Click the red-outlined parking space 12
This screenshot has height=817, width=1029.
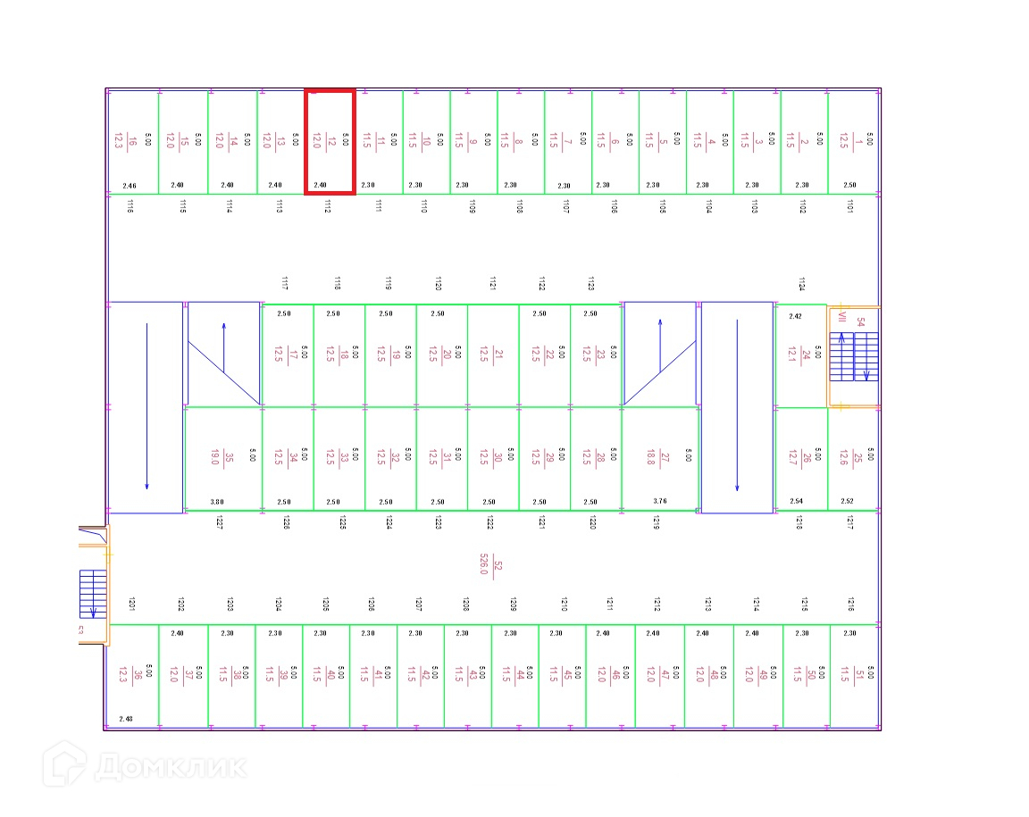(x=330, y=141)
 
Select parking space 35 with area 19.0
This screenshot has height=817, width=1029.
(x=222, y=458)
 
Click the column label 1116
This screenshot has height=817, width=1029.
(x=130, y=206)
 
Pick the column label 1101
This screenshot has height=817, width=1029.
(x=849, y=206)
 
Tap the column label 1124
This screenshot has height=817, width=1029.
(x=801, y=284)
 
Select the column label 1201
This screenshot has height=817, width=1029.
(x=131, y=604)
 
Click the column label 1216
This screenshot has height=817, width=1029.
(x=851, y=604)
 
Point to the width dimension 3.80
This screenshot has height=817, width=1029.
(x=217, y=502)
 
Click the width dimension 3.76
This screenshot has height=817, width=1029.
(x=660, y=502)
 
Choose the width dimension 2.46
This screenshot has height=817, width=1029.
(x=130, y=186)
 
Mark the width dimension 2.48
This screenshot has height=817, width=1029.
(x=126, y=719)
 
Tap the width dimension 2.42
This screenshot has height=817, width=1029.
(x=795, y=315)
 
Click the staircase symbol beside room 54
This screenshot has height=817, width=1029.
(x=854, y=356)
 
